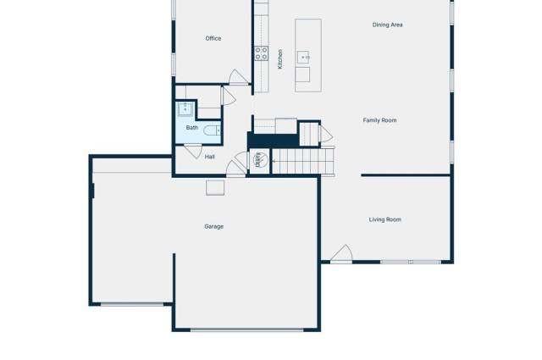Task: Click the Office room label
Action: coord(213,38)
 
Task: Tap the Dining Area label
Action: coord(387,25)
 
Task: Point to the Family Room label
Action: coord(379,120)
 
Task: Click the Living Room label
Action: coord(384,219)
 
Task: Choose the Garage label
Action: coord(213,226)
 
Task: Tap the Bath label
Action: coord(192,128)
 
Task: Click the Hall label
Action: coord(209,157)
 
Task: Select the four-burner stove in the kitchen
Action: coord(262,53)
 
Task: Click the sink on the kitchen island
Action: coord(303,58)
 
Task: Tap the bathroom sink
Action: coord(185,108)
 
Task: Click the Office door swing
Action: coord(240,77)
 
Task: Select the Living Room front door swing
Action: coord(341,253)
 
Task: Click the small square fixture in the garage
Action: coord(216,187)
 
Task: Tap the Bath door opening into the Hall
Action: coord(192,152)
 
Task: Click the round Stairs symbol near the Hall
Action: coord(259,159)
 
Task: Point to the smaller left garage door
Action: coord(132,303)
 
